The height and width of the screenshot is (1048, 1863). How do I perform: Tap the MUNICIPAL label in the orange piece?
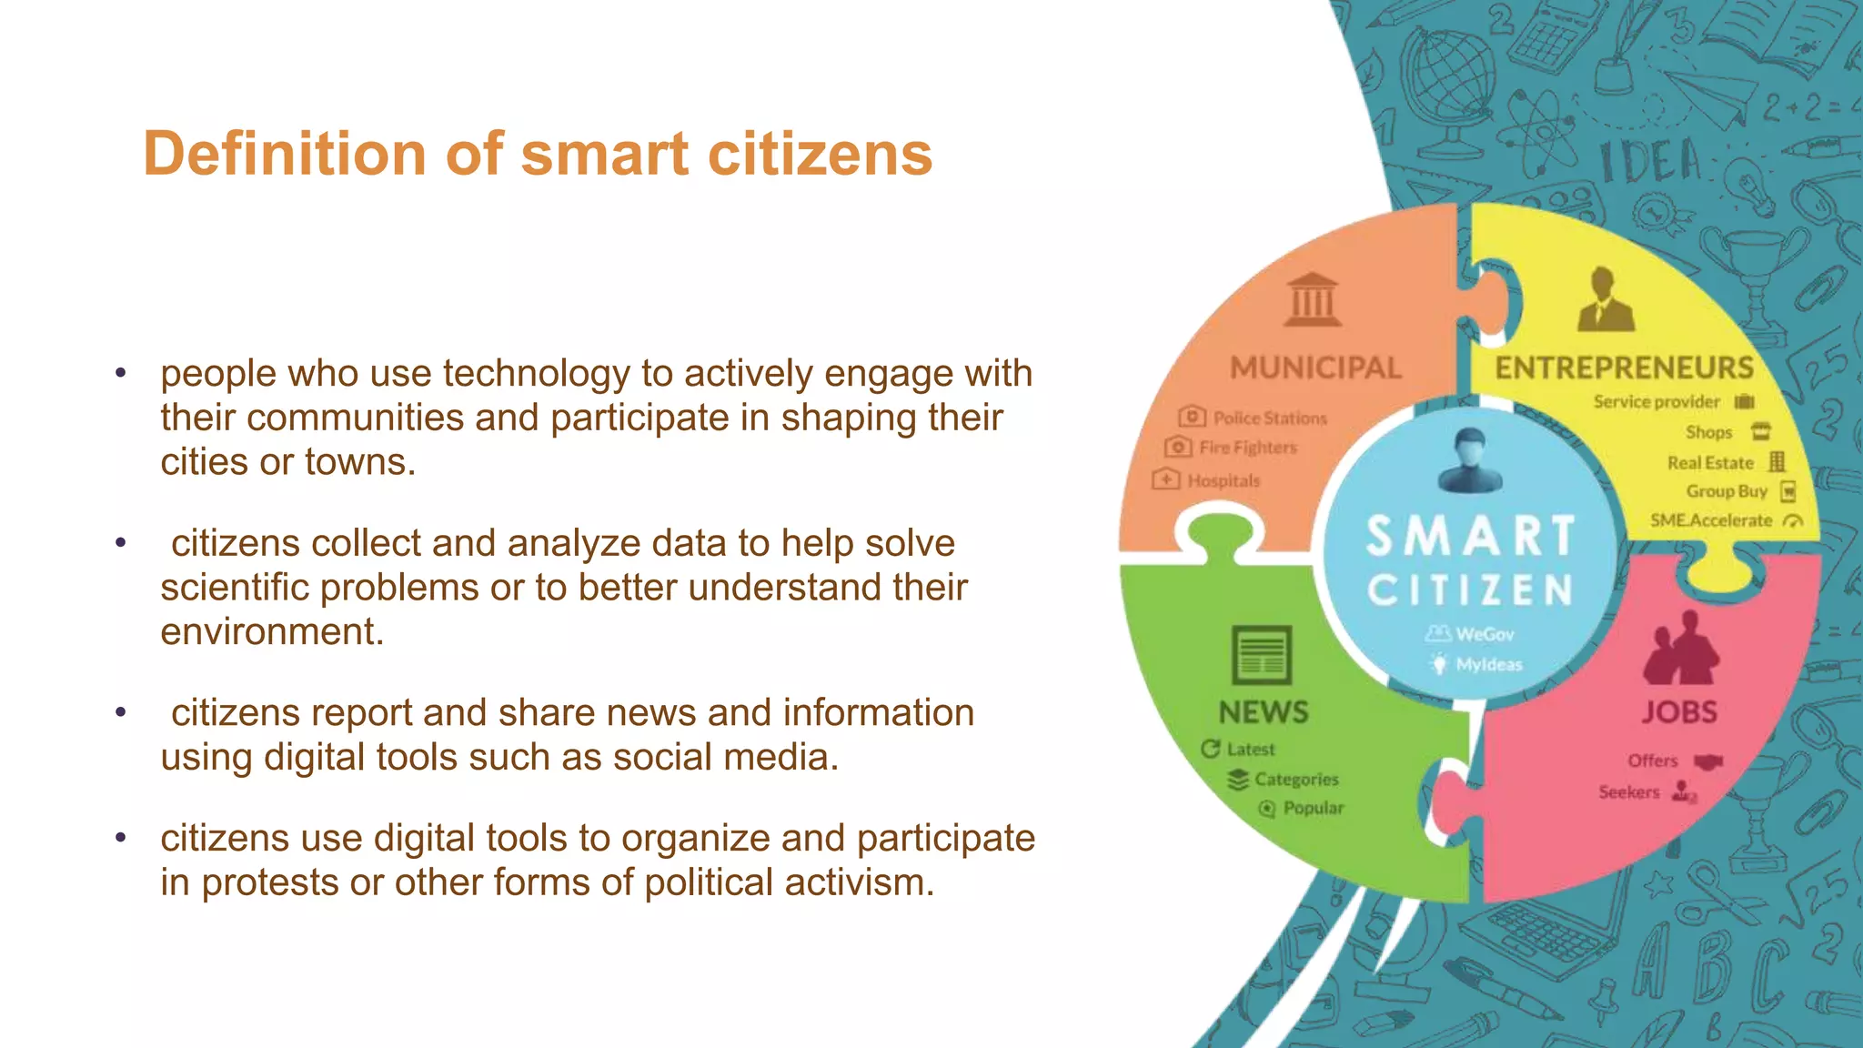[1315, 368]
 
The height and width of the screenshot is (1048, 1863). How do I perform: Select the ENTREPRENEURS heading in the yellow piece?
[1624, 368]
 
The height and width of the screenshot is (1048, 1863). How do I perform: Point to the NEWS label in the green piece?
[1264, 712]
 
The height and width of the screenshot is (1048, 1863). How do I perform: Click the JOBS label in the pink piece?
[1679, 711]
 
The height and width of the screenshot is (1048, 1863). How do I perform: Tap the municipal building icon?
[1313, 299]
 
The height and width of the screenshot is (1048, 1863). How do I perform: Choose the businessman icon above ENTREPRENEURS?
[1606, 299]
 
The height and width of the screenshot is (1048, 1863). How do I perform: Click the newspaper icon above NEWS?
[1262, 654]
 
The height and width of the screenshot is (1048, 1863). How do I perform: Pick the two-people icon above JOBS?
[1680, 649]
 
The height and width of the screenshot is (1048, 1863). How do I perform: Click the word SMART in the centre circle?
[1470, 536]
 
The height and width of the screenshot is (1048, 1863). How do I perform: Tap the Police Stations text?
[1270, 418]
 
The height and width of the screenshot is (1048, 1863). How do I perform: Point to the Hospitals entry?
[1224, 480]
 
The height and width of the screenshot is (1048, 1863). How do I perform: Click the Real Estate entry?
[1710, 463]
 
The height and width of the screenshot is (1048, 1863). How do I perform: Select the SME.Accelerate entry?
[1711, 520]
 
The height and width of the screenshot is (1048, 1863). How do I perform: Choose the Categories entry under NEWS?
[1296, 780]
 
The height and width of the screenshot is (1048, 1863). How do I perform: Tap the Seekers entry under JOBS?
[1629, 792]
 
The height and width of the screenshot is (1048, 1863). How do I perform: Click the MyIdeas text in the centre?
[1489, 665]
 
